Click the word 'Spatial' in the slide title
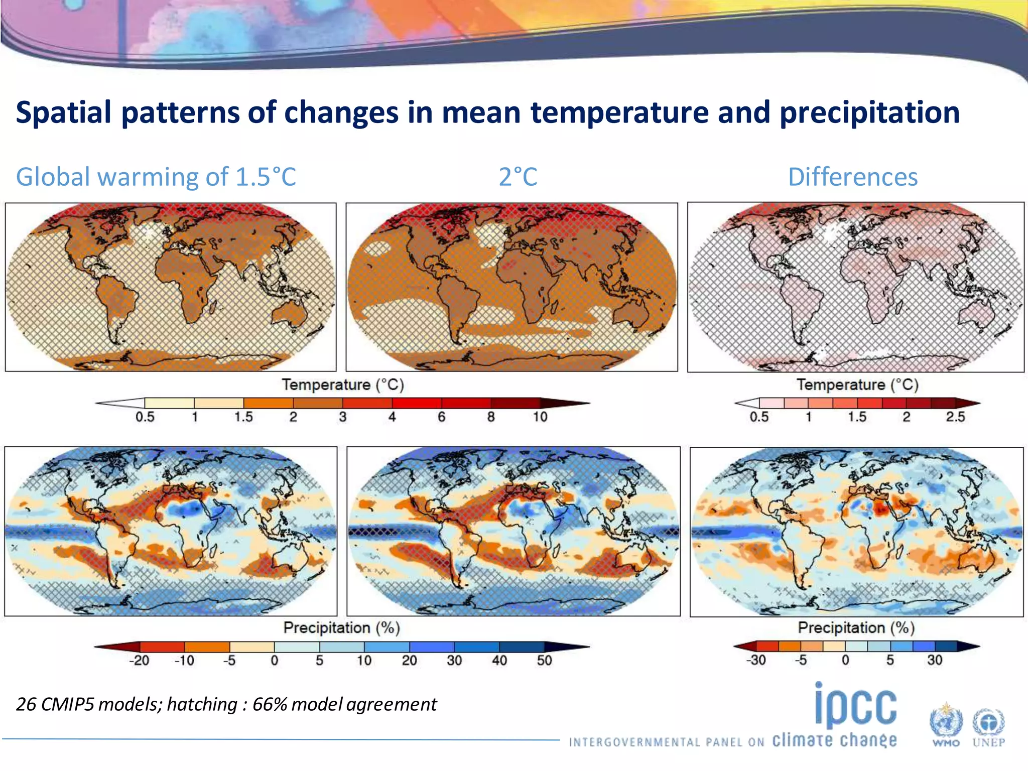pos(63,112)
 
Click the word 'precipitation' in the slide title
pos(869,112)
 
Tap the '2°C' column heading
pos(518,177)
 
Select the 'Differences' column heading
pos(852,177)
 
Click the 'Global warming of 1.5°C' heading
pos(156,177)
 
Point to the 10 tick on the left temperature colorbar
pos(540,417)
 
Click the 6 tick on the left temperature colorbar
pos(441,417)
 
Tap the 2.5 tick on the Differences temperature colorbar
pos(955,417)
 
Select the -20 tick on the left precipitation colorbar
pos(139,660)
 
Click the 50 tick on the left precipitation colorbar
pos(544,660)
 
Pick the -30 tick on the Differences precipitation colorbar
pos(756,660)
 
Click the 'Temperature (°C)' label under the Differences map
pos(857,385)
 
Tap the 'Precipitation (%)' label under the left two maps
pos(341,628)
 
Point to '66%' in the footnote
pos(269,704)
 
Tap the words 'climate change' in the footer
pos(834,740)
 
